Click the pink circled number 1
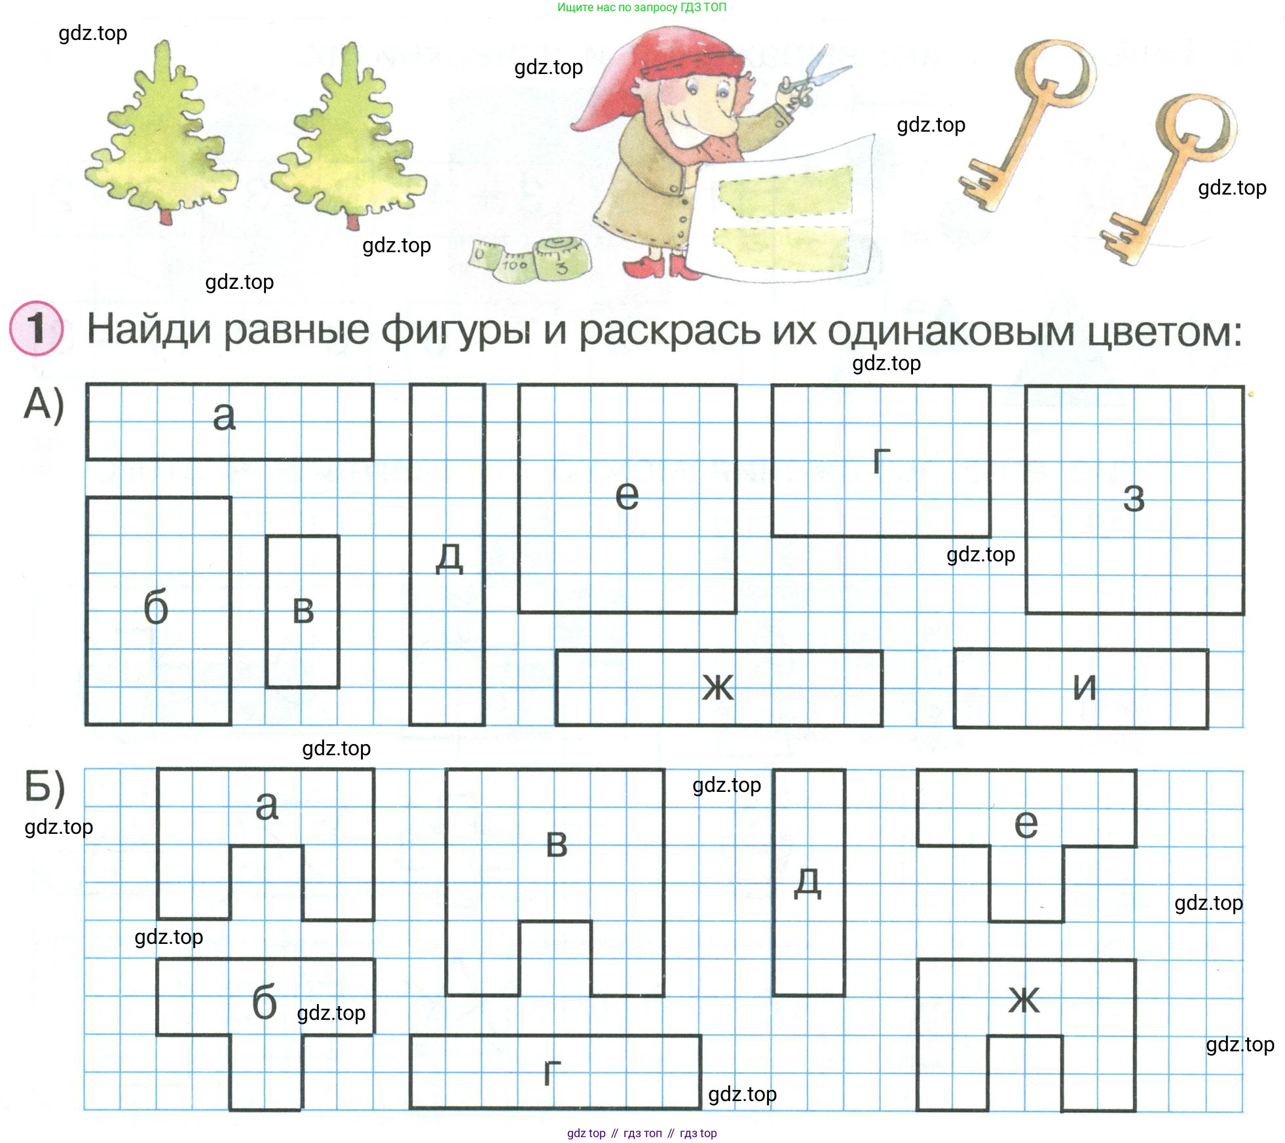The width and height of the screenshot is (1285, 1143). [37, 328]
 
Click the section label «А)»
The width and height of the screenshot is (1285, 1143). [44, 403]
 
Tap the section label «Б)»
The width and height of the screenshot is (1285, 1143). [45, 788]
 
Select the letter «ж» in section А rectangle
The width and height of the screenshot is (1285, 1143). [718, 687]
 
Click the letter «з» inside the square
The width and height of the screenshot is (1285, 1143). [1134, 499]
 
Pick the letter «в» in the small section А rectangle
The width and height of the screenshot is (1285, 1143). [303, 610]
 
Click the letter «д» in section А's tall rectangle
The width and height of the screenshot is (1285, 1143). [449, 559]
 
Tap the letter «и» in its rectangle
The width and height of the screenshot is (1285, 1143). [1085, 687]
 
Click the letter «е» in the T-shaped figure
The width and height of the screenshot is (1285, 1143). [1026, 824]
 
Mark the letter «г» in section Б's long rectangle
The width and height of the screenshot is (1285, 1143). [552, 1072]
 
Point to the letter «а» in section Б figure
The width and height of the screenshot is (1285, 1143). [267, 806]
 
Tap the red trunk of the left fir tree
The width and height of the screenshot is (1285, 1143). [166, 217]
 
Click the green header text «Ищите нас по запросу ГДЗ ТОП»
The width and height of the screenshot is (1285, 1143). [642, 7]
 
